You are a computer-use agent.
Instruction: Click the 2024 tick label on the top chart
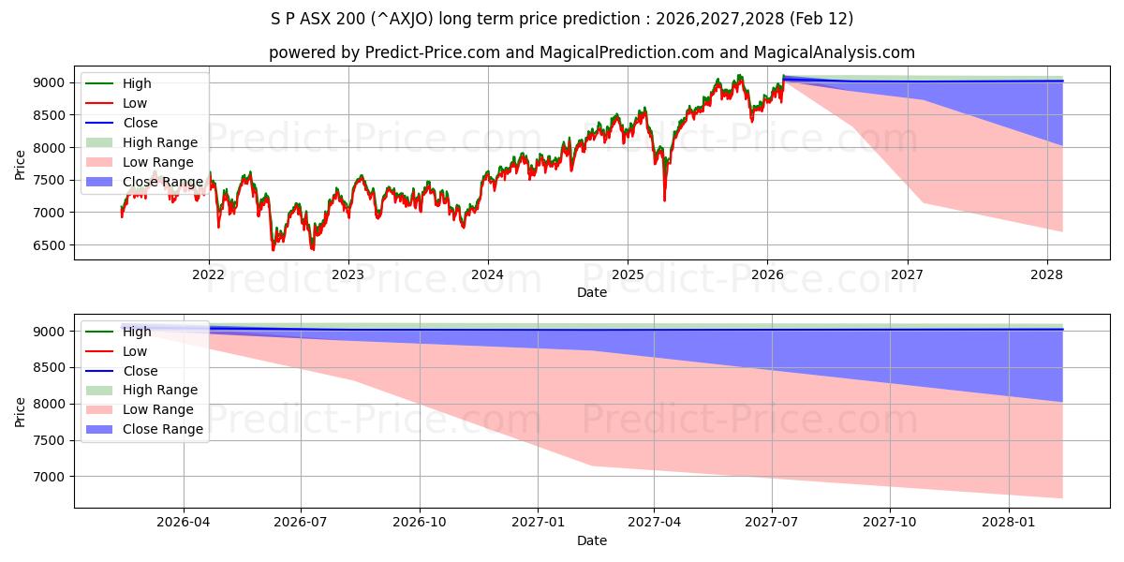click(x=488, y=274)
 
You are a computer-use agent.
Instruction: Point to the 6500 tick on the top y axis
click(x=53, y=245)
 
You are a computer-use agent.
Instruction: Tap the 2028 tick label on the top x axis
click(x=1046, y=274)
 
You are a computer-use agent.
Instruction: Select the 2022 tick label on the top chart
click(x=208, y=274)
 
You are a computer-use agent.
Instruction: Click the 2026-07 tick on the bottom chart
click(x=301, y=523)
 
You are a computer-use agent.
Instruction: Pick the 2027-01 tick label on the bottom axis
click(x=538, y=523)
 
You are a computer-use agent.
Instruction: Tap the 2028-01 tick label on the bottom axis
click(x=1010, y=523)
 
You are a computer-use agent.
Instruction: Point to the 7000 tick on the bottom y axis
click(x=53, y=477)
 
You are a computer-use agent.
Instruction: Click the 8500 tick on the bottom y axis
click(x=53, y=368)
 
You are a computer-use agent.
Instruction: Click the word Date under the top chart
click(x=592, y=292)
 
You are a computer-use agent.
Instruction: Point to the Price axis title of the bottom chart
click(x=21, y=411)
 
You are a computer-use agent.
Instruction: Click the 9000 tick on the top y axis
click(x=53, y=83)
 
